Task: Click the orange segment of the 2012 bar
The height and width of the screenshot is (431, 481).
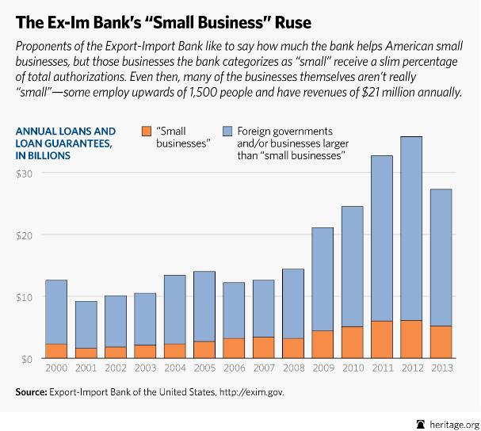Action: [x=411, y=339]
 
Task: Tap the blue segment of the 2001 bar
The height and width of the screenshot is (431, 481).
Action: [x=87, y=324]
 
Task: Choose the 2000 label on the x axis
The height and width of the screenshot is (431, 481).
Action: [x=55, y=370]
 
